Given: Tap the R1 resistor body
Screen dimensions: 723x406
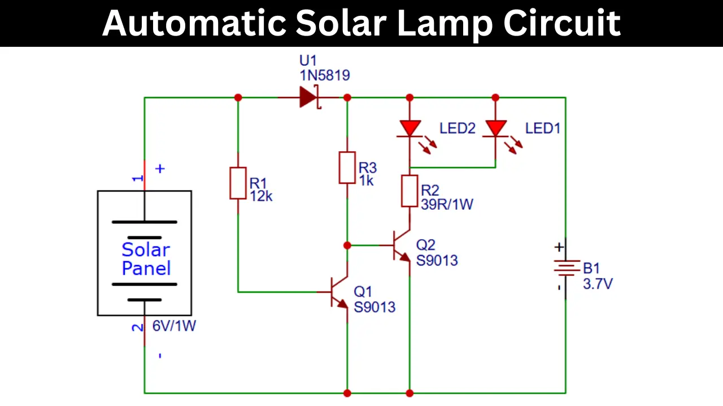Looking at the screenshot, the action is click(x=238, y=183).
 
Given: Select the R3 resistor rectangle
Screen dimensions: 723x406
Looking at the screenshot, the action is click(x=347, y=167).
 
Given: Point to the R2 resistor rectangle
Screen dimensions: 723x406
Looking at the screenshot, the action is click(x=410, y=191).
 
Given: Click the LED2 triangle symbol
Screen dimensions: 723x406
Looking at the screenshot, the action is click(x=410, y=128).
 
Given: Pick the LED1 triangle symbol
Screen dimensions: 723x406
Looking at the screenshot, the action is click(x=496, y=128).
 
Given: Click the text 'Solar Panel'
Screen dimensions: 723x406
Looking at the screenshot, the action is click(x=146, y=259).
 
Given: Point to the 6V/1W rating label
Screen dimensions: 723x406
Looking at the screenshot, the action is click(x=174, y=326).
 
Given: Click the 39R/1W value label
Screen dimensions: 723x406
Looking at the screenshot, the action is click(x=447, y=204).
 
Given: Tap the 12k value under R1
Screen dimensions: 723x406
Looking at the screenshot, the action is click(x=261, y=196).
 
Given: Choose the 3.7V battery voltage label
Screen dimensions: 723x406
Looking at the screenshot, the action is click(x=598, y=284).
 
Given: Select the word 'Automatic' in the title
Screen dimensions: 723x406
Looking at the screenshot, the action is click(x=194, y=23).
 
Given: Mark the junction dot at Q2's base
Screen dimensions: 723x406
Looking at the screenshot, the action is click(x=347, y=245).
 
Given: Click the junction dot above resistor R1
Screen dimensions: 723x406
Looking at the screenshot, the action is click(x=238, y=98).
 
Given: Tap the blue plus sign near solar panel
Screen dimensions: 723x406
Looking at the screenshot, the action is click(x=160, y=169).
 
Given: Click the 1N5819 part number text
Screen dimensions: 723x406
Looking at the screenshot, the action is click(x=325, y=76).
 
